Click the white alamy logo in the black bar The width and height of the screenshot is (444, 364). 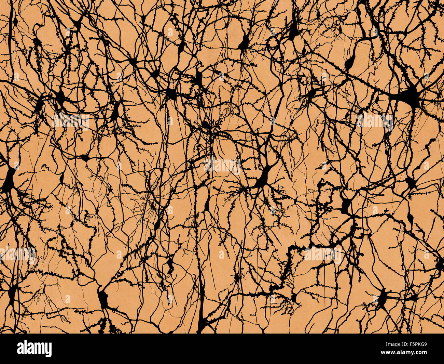pos(34,349)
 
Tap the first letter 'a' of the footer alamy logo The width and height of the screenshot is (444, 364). pos(20,349)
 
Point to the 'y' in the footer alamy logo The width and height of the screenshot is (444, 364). pos(48,350)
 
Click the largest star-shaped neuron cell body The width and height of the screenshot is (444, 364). pos(410,96)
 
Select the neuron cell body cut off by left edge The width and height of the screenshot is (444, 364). pos(8,180)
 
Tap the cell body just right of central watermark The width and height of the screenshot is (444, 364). pos(263,178)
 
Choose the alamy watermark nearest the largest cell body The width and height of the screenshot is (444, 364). pos(374,121)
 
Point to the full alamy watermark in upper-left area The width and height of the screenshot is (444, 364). pos(70,121)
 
